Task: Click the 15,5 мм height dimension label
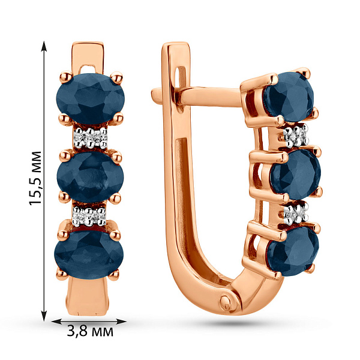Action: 35,178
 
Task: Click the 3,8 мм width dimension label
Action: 90,332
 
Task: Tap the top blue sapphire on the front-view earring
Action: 90,99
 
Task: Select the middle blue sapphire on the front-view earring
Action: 90,177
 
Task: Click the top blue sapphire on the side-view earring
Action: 289,97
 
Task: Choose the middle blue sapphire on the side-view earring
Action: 296,174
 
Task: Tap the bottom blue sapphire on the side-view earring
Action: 293,251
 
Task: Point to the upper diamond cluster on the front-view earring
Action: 91,138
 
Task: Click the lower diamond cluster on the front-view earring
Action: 89,216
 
